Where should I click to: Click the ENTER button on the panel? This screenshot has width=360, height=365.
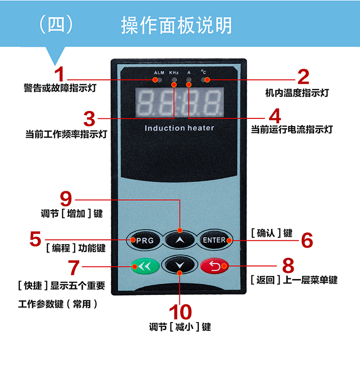coord(214,240)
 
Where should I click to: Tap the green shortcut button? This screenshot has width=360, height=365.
coord(144,267)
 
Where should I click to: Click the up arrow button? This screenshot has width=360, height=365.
coord(179,240)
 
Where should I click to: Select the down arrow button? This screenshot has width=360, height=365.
coord(179,266)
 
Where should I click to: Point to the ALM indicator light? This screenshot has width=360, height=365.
coord(159,80)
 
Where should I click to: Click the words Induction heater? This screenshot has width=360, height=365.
coord(180,128)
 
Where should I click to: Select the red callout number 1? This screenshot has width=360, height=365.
coord(59,75)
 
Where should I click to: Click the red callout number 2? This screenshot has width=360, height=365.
coord(302,77)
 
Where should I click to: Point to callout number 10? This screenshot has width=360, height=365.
coord(180,312)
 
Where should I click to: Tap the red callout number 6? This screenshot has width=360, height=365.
coord(307,240)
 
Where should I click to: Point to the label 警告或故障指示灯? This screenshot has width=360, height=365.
coord(59,89)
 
